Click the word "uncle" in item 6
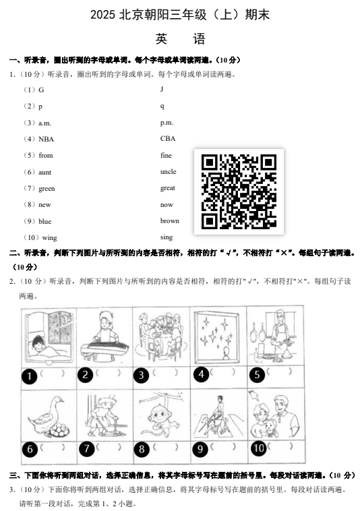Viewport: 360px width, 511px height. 168,172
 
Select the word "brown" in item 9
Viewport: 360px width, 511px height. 170,221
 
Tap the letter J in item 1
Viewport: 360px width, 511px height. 162,89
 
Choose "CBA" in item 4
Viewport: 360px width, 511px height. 168,139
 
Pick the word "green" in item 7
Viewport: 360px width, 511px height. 47,189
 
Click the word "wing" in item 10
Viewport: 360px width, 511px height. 49,238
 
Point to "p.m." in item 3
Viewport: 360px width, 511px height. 167,123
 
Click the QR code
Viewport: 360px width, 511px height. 239,191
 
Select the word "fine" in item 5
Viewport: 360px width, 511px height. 166,156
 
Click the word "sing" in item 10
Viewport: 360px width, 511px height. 167,237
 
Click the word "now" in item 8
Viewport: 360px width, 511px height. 167,205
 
